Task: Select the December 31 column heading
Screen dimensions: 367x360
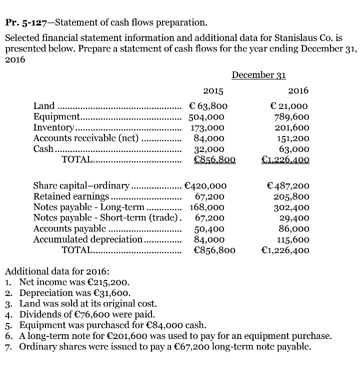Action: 258,75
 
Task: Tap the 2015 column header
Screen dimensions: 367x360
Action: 213,91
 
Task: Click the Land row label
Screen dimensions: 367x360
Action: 44,106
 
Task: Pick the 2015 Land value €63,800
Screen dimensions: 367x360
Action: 208,106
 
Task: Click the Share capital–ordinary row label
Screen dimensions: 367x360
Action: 81,185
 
